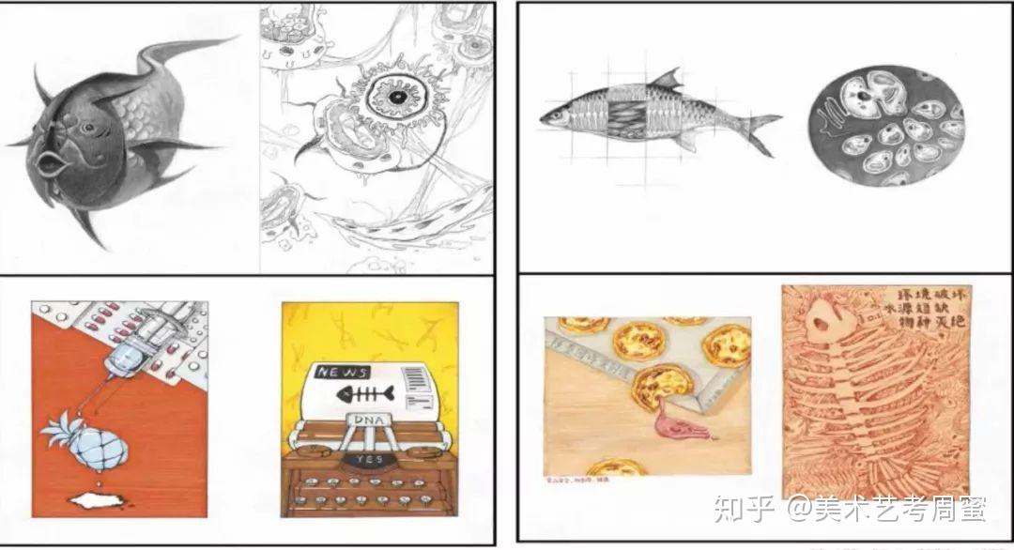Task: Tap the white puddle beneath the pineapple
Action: coord(99,499)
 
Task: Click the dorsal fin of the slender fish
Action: coord(667,79)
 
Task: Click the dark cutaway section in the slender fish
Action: coord(627,119)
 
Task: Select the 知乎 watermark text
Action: coord(744,509)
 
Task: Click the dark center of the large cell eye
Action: coord(397,98)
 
